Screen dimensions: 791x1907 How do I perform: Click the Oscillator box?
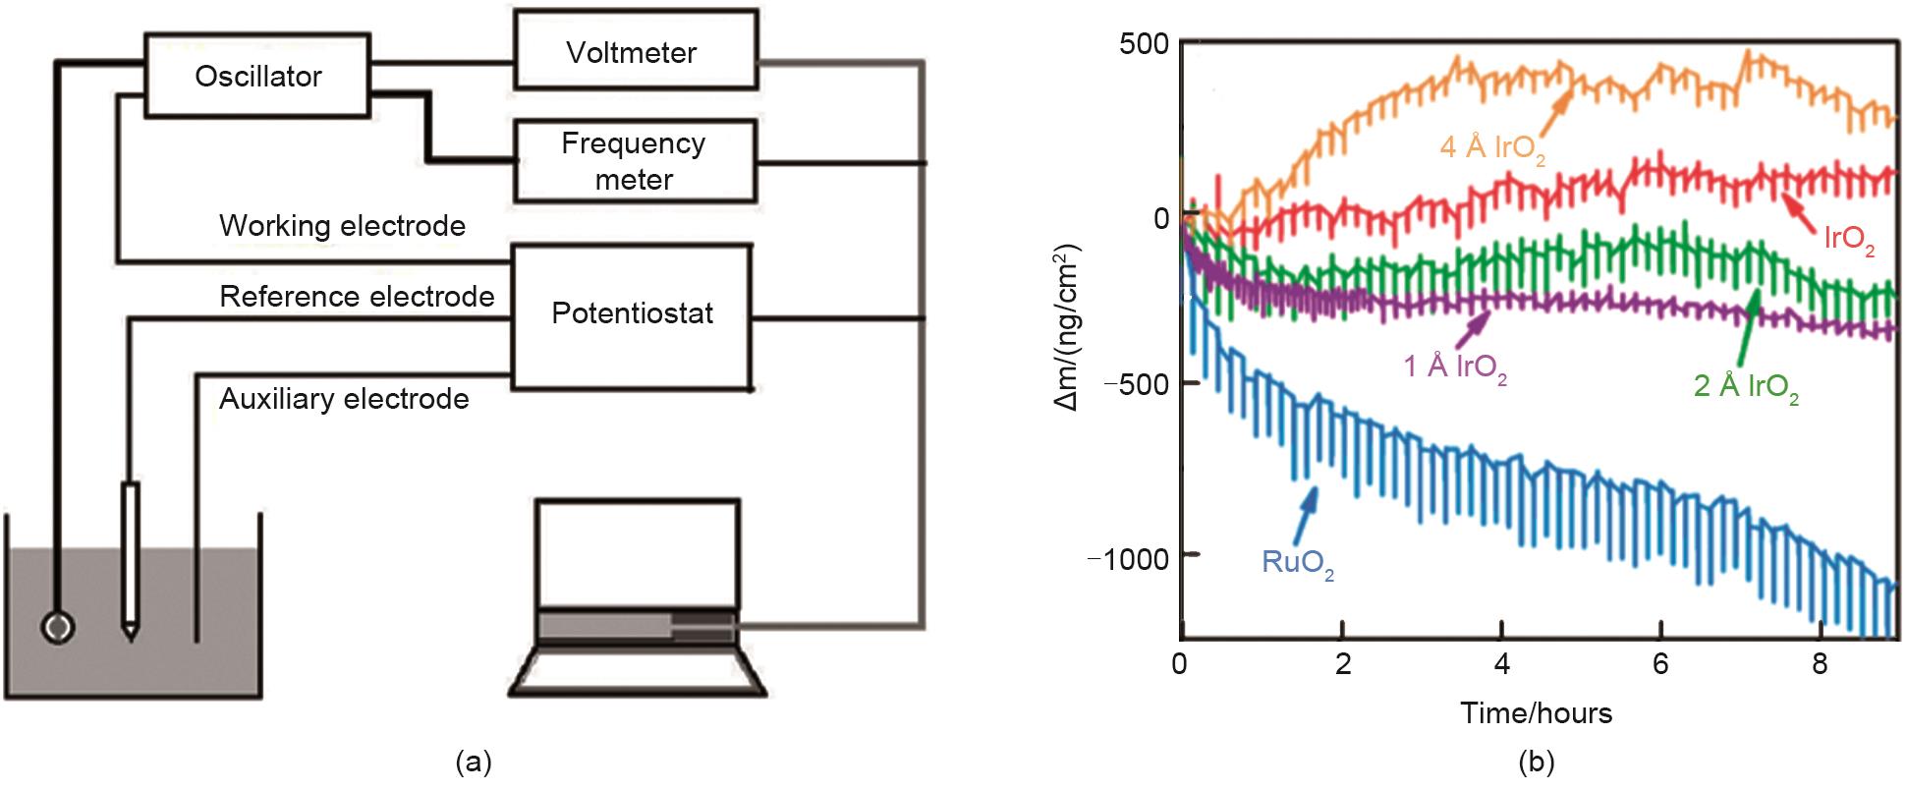click(x=257, y=76)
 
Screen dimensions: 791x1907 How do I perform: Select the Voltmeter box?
click(x=635, y=51)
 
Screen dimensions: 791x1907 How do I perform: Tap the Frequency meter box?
click(x=635, y=161)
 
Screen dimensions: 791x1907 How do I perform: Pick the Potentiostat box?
click(x=632, y=313)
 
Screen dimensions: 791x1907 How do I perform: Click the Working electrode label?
click(x=342, y=226)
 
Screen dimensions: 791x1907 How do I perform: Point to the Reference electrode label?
click(x=357, y=297)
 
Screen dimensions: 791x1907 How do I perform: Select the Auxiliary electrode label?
click(x=344, y=399)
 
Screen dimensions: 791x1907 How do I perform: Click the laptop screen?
click(x=638, y=552)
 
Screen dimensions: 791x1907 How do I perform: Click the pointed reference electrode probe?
click(x=130, y=560)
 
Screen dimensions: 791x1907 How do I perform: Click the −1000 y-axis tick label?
click(x=1130, y=558)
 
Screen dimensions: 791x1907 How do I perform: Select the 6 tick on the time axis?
click(x=1660, y=664)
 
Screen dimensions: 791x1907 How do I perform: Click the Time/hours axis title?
click(x=1536, y=712)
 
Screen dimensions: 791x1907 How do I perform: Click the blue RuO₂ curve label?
click(x=1298, y=563)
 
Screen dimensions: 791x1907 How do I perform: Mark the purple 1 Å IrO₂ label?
click(x=1454, y=368)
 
